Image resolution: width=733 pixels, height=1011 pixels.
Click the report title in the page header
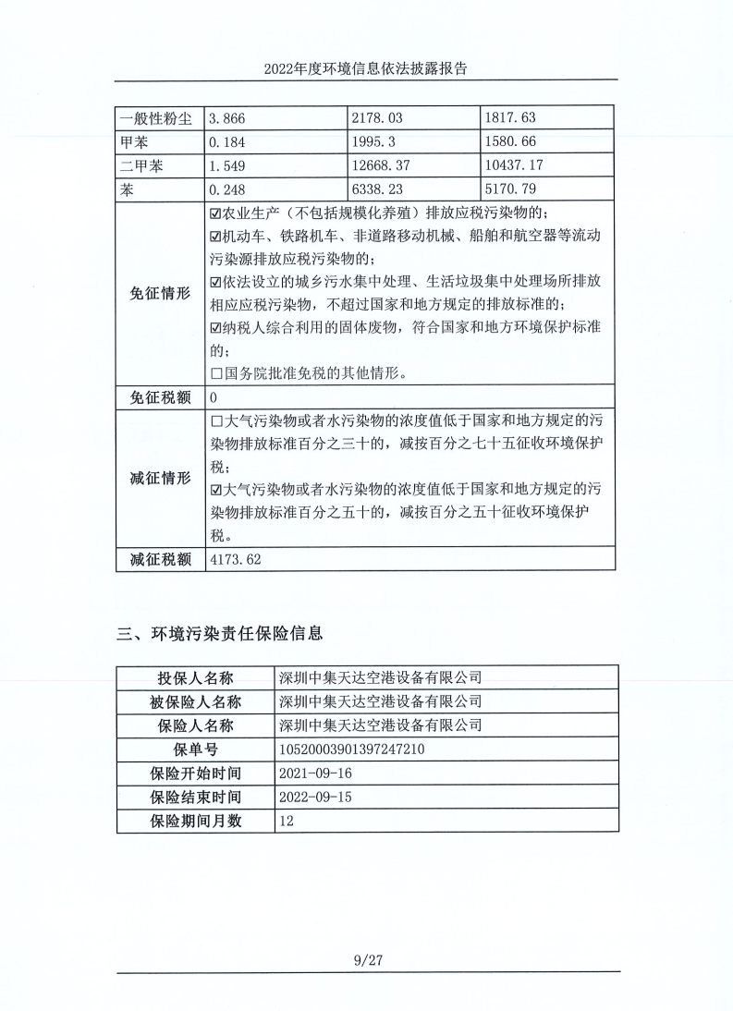point(366,68)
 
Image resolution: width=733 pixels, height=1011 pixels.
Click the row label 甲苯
point(135,142)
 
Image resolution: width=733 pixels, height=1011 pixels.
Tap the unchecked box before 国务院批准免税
point(216,374)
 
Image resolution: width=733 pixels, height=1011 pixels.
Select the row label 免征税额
point(159,398)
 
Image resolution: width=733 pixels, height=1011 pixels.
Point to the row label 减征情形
point(159,479)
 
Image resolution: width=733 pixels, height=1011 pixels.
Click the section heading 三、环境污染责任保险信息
point(220,634)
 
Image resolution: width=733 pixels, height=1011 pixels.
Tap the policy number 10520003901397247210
point(351,749)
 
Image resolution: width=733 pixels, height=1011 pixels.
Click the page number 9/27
point(367,960)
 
